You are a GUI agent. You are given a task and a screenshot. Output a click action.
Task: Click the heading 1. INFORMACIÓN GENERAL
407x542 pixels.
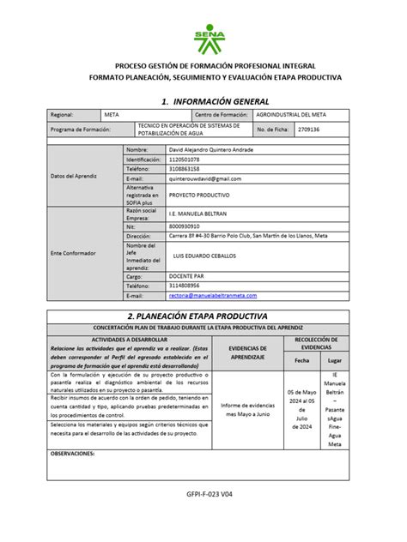click(203, 100)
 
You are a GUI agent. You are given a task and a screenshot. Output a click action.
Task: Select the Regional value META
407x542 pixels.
click(112, 115)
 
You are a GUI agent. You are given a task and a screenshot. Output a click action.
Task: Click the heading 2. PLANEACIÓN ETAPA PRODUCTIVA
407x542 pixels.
click(203, 316)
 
